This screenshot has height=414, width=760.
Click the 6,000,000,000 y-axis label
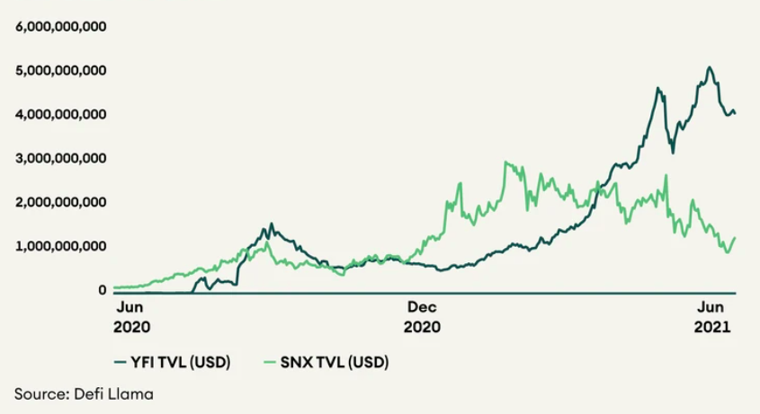pos(61,27)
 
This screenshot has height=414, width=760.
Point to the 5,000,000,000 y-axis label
pos(61,71)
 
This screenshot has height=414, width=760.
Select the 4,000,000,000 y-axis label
pos(61,115)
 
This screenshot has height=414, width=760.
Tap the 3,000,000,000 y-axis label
pos(61,159)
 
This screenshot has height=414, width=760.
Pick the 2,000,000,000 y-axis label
pos(61,203)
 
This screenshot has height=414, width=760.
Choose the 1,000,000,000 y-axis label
pos(61,247)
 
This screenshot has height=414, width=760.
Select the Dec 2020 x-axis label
pos(423,318)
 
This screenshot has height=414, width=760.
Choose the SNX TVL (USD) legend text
pos(345,363)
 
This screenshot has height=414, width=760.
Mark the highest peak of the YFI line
pos(710,67)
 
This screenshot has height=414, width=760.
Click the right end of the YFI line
pos(736,113)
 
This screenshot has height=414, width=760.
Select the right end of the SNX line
pos(736,238)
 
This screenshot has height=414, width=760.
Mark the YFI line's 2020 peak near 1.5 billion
pos(271,225)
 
